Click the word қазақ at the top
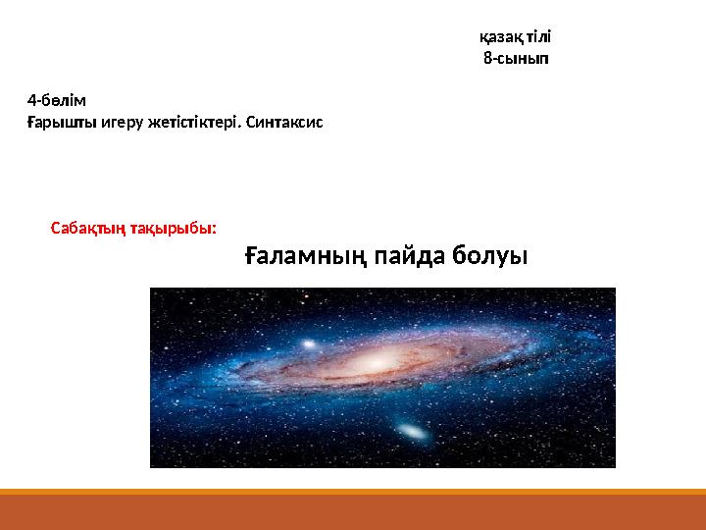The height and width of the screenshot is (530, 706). (501, 37)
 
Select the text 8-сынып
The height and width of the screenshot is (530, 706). (516, 58)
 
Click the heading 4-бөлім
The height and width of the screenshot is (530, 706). (56, 100)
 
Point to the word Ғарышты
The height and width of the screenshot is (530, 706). (62, 122)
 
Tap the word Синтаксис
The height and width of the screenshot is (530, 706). (284, 122)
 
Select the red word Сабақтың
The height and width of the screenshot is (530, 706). (88, 229)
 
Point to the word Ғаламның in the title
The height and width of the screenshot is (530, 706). (306, 255)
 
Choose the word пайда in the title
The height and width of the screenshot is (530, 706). (410, 255)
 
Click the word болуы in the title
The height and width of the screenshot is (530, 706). (490, 255)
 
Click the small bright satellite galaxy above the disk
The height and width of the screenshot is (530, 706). (309, 344)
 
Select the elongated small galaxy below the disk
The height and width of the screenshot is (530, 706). (413, 432)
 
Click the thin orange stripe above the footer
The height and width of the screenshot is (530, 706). (353, 492)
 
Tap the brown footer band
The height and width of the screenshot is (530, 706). (353, 512)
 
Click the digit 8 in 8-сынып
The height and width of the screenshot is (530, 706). (488, 58)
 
